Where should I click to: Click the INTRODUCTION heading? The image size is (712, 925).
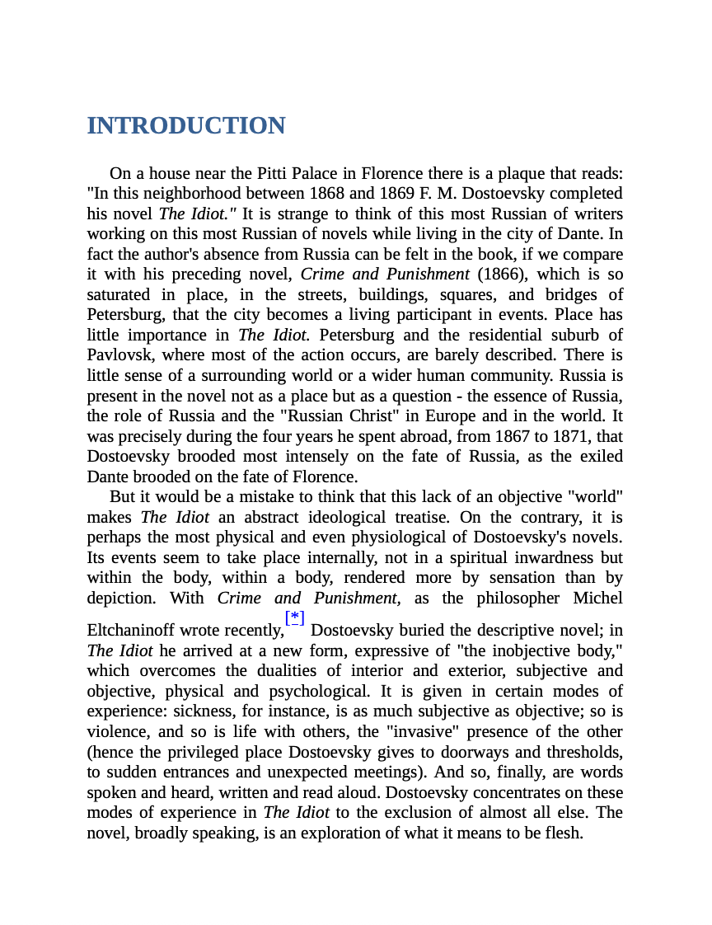point(186,126)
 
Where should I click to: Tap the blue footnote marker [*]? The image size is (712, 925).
point(294,617)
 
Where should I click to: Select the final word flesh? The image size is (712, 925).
point(564,833)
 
